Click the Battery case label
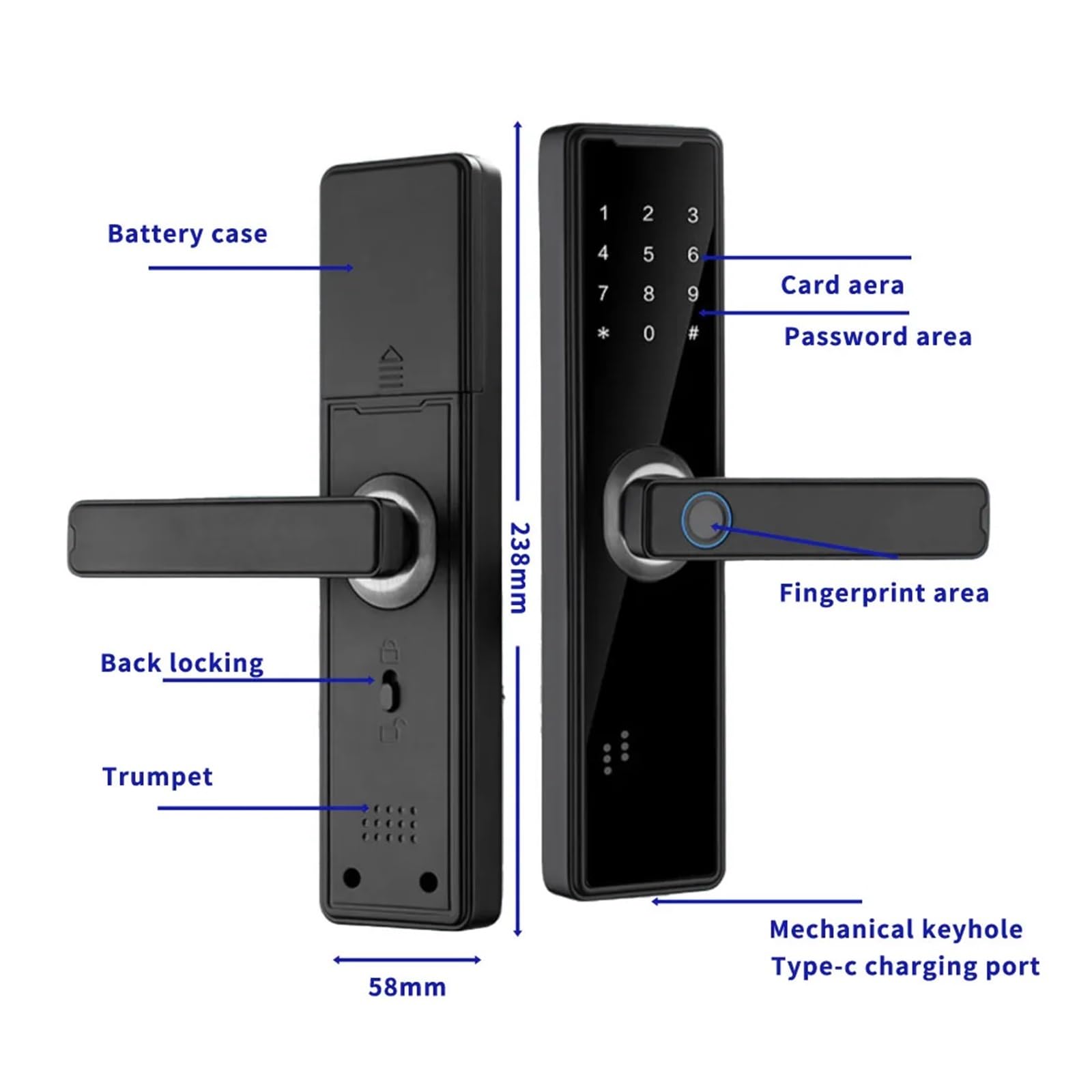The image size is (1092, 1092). pos(187,234)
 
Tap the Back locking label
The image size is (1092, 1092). pos(182,663)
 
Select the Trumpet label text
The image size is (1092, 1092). pos(157,777)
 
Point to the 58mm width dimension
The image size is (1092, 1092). pos(407,987)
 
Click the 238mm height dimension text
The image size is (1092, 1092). pos(520,568)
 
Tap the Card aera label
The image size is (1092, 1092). pos(842,285)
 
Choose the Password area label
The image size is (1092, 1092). pos(878,336)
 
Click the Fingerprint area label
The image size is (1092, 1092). pos(884,593)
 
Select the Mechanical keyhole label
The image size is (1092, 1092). pos(895,930)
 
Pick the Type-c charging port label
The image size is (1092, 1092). pos(905,966)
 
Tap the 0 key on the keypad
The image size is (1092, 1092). pos(648,334)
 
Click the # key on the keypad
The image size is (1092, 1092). pos(693,334)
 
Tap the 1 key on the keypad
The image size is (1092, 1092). pos(603,214)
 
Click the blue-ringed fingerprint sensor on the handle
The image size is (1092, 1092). pos(706,519)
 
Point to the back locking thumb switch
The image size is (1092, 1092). pos(389,691)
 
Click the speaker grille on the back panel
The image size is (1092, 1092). pos(389,822)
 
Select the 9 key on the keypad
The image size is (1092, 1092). pos(693,294)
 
